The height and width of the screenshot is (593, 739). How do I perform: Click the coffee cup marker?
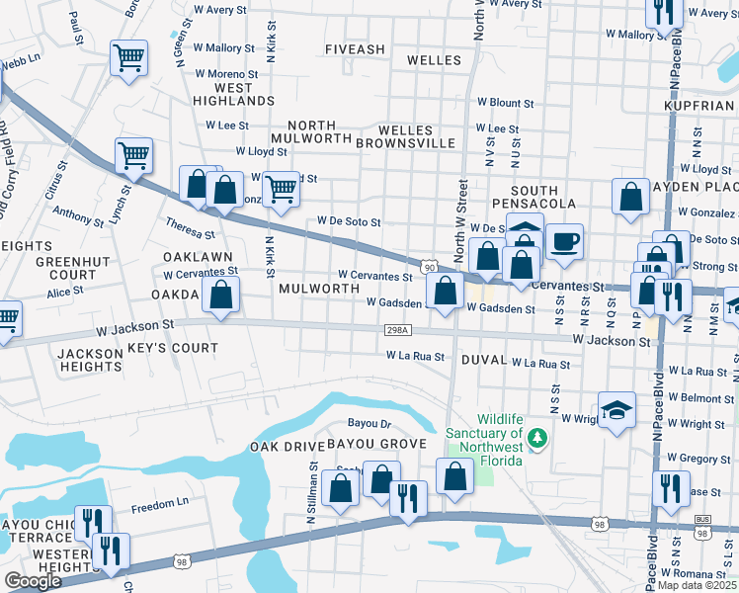coord(564,241)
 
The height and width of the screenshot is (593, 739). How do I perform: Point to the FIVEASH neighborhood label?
coord(355,48)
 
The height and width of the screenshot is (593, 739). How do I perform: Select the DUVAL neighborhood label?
coord(483,362)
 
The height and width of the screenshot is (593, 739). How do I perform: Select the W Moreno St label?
coord(226,74)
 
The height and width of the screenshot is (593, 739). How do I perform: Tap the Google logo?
coord(32,581)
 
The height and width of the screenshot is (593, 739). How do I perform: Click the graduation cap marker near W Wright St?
coord(616,410)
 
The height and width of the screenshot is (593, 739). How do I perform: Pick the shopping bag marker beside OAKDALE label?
coord(223,295)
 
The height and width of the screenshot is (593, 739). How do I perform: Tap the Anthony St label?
coord(71,212)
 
